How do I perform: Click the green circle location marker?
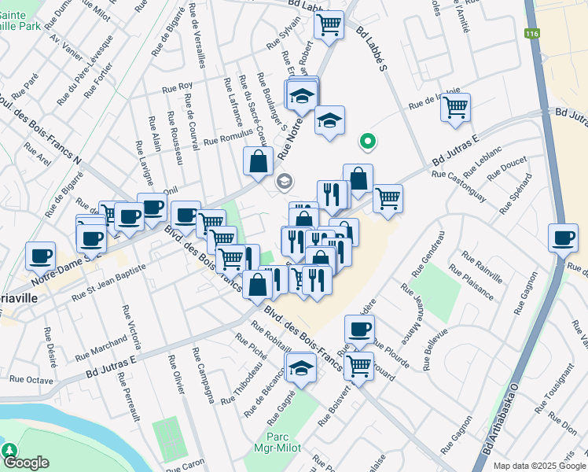[x=366, y=142]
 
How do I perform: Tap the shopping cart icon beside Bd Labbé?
[x=329, y=24]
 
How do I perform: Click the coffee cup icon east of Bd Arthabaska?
[x=562, y=238]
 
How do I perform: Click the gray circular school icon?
[x=283, y=182]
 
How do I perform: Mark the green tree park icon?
[x=9, y=449]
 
